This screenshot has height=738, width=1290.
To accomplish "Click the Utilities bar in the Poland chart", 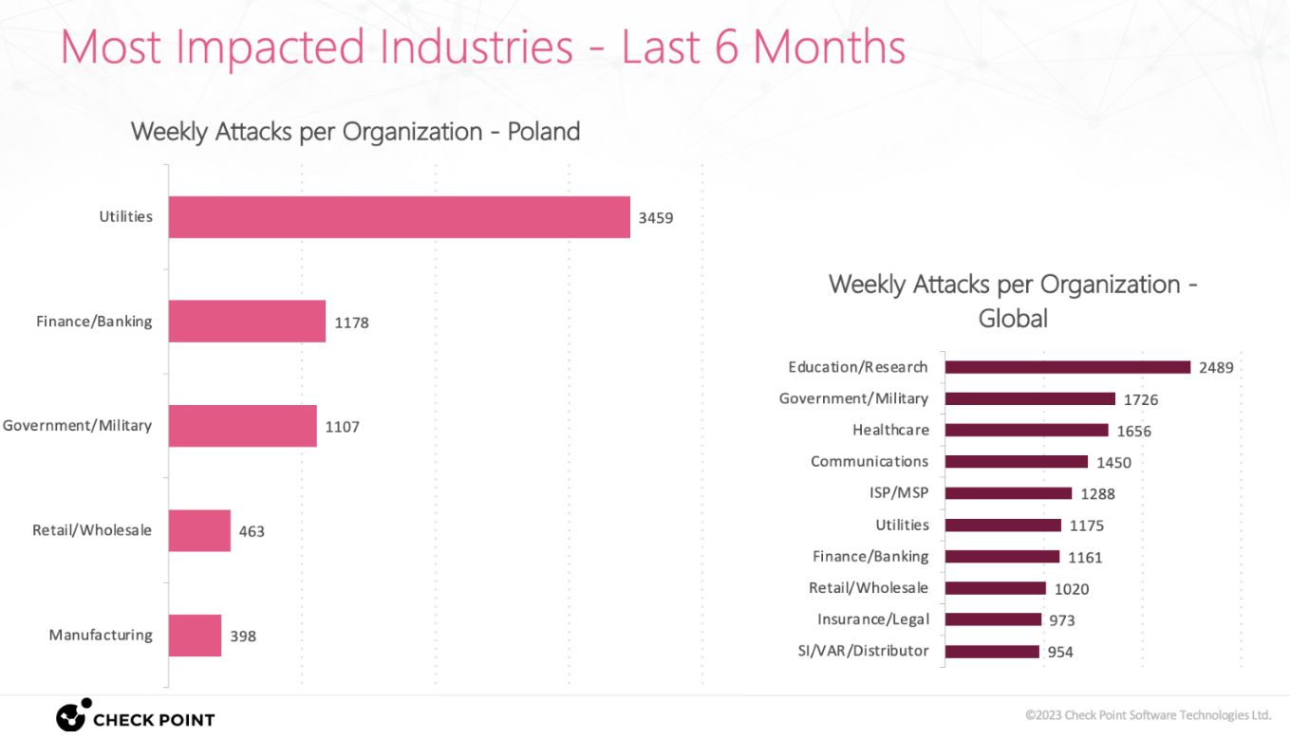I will point(399,217).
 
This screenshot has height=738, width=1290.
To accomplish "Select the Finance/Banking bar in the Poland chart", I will point(247,322).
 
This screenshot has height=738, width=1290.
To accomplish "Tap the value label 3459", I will point(655,218).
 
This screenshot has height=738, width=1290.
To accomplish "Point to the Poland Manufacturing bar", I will point(195,636).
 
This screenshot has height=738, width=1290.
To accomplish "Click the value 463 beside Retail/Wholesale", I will point(252,531).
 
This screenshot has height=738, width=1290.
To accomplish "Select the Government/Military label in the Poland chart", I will point(77,426).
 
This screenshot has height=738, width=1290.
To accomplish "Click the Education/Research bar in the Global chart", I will point(1067,367).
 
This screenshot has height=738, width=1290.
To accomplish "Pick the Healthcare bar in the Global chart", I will point(1026,430).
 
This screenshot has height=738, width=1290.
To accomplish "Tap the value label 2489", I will point(1216,368).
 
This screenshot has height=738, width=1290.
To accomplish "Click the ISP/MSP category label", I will point(899,493).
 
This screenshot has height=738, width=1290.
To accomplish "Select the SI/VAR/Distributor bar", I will point(992,652).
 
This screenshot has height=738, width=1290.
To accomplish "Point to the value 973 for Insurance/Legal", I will point(1062,620).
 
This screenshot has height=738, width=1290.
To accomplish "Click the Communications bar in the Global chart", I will point(1016,462).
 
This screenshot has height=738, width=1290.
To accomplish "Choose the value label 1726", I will point(1141,399).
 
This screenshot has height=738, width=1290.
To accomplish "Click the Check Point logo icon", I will point(73,715).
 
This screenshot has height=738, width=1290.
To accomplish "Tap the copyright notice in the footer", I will point(1148,714).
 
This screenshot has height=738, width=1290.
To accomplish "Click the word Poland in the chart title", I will point(543,131).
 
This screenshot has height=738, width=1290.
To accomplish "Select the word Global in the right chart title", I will point(1013,318).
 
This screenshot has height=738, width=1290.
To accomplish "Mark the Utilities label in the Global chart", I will point(902,525).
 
